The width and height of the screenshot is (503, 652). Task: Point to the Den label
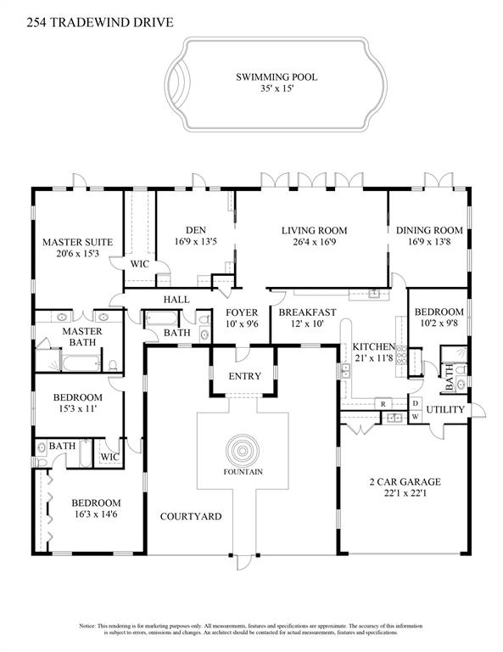(196, 229)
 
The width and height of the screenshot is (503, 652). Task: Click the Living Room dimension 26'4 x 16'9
(310, 241)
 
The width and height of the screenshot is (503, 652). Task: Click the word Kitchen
(374, 346)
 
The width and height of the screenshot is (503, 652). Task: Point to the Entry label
(244, 376)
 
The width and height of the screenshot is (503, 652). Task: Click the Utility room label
(445, 410)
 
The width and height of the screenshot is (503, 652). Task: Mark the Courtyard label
(191, 516)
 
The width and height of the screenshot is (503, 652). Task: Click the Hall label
(176, 299)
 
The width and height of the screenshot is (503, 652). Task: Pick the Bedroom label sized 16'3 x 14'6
(95, 503)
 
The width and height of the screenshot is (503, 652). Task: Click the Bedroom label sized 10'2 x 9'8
(439, 312)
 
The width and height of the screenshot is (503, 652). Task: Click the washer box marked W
(415, 417)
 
